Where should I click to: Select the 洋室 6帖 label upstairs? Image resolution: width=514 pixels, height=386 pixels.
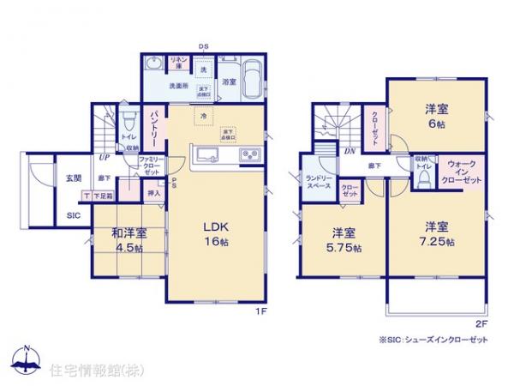coord(436,117)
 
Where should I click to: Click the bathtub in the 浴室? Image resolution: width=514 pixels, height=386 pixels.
coord(249,84)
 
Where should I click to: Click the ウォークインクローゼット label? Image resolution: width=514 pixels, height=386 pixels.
coord(464,172)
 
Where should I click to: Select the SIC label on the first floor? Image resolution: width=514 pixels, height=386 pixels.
coord(73,215)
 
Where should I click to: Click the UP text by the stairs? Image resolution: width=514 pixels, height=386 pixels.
coord(103,158)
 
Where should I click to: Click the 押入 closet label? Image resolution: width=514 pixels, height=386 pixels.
coord(155,196)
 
